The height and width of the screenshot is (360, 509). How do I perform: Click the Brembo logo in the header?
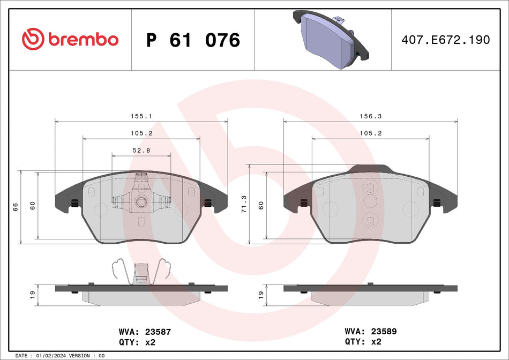tap(70, 39)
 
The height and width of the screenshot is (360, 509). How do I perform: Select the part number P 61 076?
tap(193, 40)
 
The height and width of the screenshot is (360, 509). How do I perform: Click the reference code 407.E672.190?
tap(446, 40)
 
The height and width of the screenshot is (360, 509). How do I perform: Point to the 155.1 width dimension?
tap(141, 116)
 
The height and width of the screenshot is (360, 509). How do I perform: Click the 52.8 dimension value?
tap(141, 151)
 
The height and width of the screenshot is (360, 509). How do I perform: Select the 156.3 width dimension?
tap(370, 116)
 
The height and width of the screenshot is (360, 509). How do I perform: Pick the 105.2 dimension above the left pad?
tap(141, 133)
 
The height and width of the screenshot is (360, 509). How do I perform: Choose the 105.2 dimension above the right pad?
tap(370, 133)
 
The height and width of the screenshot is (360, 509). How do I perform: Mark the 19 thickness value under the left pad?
tap(32, 294)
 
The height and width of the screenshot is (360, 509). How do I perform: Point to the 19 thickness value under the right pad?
tap(261, 294)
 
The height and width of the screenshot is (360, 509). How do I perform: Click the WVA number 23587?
tap(144, 332)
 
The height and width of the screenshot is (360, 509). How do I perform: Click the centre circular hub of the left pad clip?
tap(141, 201)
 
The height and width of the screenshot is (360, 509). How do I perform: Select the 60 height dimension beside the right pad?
tap(261, 205)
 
